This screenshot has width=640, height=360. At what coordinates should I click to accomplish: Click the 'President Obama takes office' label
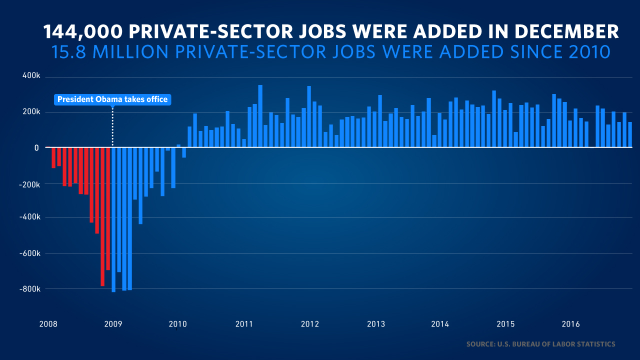coord(112,99)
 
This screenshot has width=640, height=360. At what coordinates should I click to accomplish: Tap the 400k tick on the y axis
coord(30,75)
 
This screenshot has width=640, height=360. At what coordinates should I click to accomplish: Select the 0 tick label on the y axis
coord(36,147)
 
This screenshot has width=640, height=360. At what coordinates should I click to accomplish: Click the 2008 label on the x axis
coord(48,324)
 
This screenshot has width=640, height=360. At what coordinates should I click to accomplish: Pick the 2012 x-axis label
coord(310,324)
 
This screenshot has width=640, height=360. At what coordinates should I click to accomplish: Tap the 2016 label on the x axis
coord(571,324)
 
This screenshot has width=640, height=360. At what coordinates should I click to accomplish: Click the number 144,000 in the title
coord(82,32)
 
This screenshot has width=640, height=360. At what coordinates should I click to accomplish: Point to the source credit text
coord(540,344)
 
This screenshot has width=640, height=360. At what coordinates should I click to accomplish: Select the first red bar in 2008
coord(53,157)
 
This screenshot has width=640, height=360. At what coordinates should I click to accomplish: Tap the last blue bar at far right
coord(630,135)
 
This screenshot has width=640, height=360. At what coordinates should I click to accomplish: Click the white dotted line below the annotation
coord(112,125)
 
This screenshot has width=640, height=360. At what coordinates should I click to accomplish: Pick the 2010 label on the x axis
coord(178,324)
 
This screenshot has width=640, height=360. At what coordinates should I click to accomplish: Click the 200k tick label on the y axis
coord(30,111)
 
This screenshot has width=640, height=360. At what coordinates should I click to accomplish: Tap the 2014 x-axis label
coord(440,324)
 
